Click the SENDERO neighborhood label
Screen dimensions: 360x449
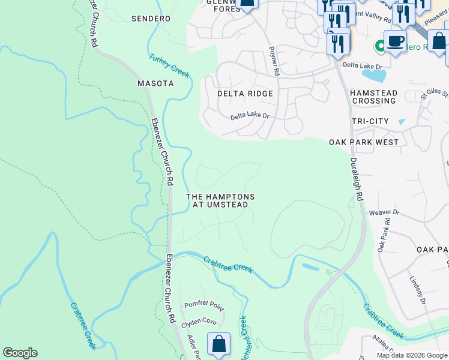coord(151,19)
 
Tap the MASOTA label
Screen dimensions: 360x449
coord(155,83)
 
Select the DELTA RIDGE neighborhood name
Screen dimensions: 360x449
coord(245,94)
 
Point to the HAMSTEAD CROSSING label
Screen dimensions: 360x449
coord(373,97)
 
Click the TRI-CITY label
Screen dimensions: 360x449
coord(370,121)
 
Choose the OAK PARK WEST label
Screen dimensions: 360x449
coord(364,142)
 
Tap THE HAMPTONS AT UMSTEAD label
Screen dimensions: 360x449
coord(220,201)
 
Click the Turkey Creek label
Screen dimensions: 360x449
coord(169,64)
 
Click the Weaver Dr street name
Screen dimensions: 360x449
coord(384,212)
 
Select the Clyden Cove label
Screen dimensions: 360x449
coord(199,322)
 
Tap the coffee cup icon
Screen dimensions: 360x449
coord(395,41)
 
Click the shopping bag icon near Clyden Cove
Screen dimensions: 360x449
coord(219,344)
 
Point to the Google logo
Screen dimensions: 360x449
coord(20,353)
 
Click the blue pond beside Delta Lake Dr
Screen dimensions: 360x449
coord(375,76)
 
